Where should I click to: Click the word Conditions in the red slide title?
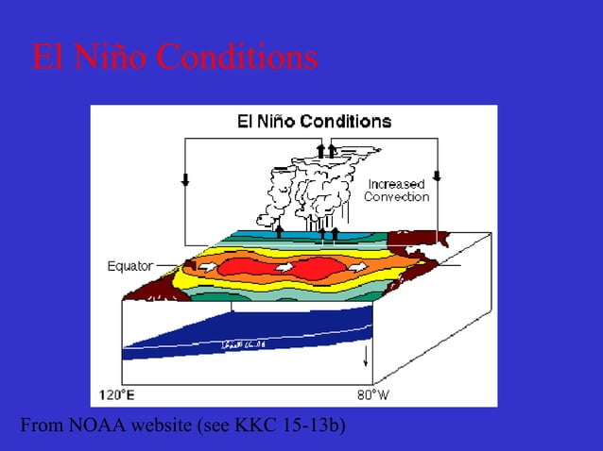coord(236,58)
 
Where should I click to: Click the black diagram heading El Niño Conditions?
coord(312,122)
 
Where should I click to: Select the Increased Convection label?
coord(397,191)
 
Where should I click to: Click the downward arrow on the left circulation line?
coord(185,178)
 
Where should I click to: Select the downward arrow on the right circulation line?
coord(437,176)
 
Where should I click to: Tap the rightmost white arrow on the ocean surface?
coord(356,268)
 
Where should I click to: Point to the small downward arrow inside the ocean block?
coord(366,357)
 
